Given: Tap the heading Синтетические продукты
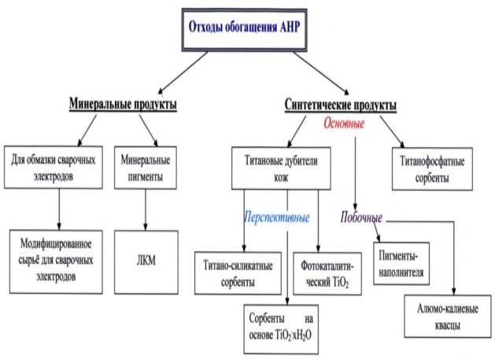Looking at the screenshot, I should tap(339, 105).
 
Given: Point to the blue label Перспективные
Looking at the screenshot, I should tap(275, 217).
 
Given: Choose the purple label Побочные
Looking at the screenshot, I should tap(361, 217).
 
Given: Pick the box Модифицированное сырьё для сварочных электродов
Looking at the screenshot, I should tap(54, 259).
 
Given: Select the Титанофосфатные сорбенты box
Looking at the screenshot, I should tap(430, 168).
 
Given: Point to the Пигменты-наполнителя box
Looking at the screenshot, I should tap(408, 266).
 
